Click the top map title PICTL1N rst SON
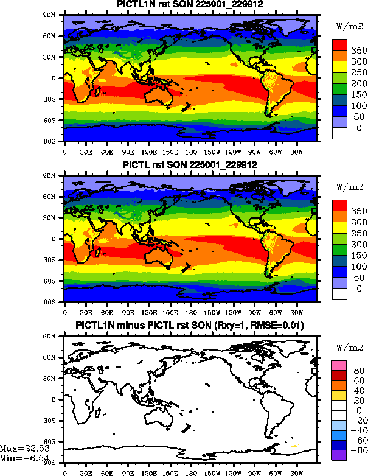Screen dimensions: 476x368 [x=190, y=5]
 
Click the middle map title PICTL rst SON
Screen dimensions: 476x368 [x=190, y=165]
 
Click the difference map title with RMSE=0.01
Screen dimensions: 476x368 [x=190, y=326]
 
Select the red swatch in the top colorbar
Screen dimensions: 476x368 [x=339, y=44]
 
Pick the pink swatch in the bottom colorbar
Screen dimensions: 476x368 [x=339, y=365]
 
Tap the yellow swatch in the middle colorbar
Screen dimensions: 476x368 [x=339, y=227]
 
